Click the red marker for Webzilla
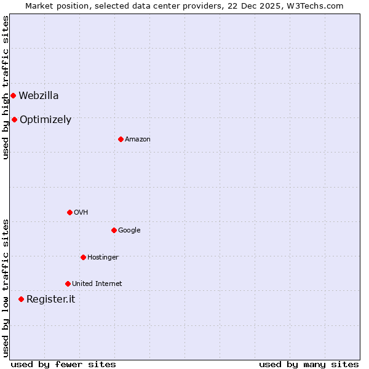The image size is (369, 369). click(x=13, y=95)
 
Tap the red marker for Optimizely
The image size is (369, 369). click(x=14, y=119)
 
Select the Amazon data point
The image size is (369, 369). click(x=121, y=139)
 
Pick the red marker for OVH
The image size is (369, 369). click(x=69, y=212)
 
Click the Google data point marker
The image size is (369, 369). click(x=114, y=230)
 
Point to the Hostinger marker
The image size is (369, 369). click(x=83, y=257)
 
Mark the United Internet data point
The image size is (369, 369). click(x=68, y=284)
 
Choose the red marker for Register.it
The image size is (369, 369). click(x=21, y=299)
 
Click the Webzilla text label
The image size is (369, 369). click(x=39, y=95)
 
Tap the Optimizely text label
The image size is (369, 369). click(x=46, y=120)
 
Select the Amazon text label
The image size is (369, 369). click(x=138, y=140)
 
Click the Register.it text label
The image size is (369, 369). click(x=50, y=300)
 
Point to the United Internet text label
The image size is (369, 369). click(x=97, y=284)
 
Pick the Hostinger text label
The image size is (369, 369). click(x=103, y=257)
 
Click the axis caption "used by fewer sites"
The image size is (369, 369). click(x=63, y=364)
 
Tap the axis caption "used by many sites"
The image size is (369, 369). click(x=309, y=364)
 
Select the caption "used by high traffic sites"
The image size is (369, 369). click(x=6, y=87)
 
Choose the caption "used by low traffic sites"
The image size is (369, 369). click(x=6, y=287)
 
